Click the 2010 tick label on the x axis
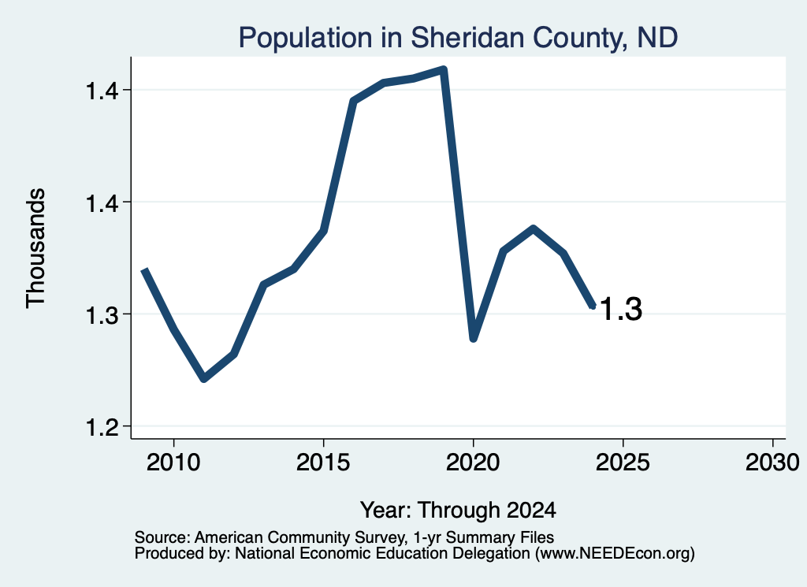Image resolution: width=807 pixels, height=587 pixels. (173, 463)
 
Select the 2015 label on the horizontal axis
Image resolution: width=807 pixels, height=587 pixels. (323, 463)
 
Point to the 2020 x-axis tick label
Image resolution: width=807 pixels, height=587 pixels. (473, 463)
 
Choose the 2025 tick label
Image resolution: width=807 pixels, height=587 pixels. (623, 463)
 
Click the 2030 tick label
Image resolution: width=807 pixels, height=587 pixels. (772, 463)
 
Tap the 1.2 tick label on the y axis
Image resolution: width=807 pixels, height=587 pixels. (102, 426)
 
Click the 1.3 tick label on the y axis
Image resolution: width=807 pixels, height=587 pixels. (102, 314)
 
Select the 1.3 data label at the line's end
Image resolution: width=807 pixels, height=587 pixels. (621, 309)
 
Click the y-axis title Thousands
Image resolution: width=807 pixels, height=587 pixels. (36, 248)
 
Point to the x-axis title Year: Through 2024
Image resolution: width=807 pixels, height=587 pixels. (458, 510)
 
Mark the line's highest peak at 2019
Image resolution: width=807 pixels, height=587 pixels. (444, 69)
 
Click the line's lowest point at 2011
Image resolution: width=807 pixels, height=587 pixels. (204, 379)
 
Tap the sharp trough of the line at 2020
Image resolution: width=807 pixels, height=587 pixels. (474, 338)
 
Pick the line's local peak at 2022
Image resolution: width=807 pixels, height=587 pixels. (534, 229)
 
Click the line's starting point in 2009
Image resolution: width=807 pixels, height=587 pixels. (145, 270)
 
